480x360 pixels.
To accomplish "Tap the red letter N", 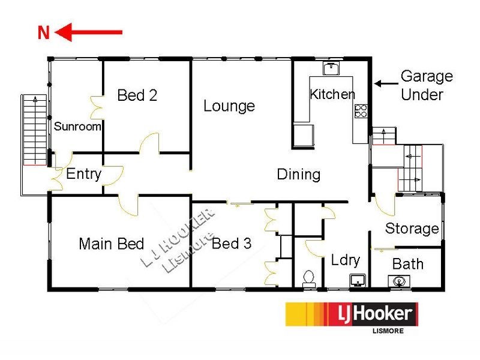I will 43,33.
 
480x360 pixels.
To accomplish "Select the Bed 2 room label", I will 137,95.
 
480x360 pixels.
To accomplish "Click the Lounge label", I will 229,106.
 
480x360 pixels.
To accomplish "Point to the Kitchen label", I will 332,94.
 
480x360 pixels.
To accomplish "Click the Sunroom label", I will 77,127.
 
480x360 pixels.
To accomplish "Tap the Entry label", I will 83,174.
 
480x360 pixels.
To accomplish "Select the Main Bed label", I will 112,244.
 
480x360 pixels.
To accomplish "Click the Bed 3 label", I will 231,244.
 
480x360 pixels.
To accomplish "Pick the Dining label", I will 298,175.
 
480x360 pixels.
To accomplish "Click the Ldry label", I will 345,260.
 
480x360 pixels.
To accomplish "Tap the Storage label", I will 412,229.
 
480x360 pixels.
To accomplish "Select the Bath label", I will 407,263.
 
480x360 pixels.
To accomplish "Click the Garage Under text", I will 427,85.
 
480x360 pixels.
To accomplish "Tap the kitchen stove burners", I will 361,110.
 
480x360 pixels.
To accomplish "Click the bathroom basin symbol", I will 398,280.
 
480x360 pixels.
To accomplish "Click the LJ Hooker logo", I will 351,316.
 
